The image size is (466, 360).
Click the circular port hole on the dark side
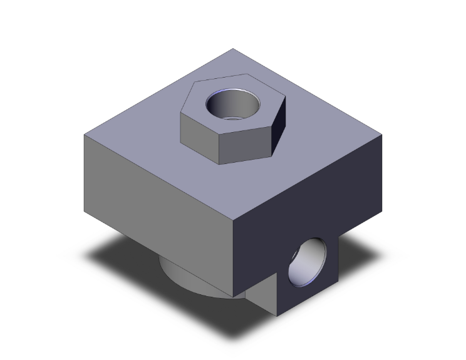click(307, 261)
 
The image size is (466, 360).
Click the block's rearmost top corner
click(233, 49)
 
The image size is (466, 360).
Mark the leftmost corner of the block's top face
click(85, 135)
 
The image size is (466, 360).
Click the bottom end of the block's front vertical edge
click(234, 296)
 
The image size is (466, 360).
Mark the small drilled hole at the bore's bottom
click(232, 118)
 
